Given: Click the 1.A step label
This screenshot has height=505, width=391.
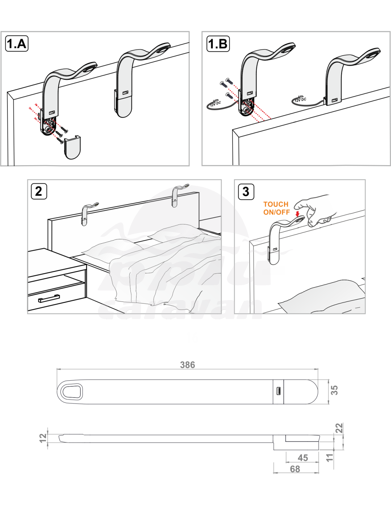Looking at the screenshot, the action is pos(17,43).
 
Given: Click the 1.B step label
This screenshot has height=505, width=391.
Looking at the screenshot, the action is pos(218,43).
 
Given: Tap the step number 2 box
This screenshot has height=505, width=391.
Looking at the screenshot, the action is pos(39,191).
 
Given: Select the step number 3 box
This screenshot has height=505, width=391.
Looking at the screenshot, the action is pos(246,191).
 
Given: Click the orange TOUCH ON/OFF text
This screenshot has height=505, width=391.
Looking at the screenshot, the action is pos(277,208).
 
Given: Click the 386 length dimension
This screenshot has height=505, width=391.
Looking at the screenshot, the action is pos(187,365).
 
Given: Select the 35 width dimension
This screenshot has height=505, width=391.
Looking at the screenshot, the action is pos(334,390).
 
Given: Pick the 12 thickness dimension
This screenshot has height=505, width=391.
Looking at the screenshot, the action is pos(43,438).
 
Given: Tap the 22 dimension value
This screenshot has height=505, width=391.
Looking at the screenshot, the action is pos(339,428).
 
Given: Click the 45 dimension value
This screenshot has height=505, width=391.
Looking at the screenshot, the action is pos(303,458).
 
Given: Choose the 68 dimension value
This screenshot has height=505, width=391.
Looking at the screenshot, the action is pos(295,469).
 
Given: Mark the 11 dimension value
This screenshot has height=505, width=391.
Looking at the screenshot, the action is pos(330,457).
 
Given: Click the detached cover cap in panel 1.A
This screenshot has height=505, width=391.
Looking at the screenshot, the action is pos(73,147).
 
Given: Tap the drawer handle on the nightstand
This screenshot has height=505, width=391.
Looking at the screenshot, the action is pos(49,298).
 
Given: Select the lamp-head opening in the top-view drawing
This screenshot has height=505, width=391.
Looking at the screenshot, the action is pos(72,392).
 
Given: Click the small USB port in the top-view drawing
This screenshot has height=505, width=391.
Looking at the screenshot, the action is pos(278,391).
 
